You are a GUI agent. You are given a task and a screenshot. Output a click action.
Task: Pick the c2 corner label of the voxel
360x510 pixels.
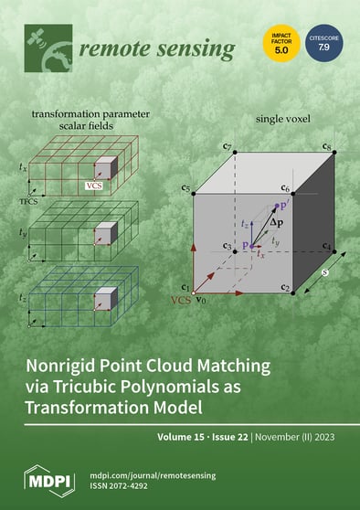[286, 289]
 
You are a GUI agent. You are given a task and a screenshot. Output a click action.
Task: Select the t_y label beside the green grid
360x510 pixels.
[23, 233]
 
